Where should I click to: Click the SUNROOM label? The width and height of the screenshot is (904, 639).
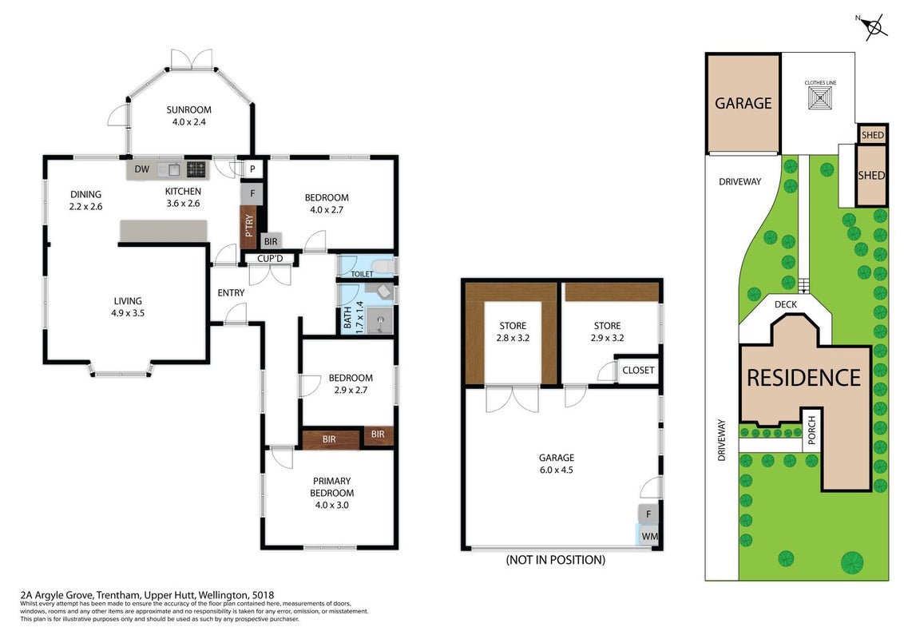pos(188,109)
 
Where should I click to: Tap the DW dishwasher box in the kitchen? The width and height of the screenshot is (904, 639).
pos(142,169)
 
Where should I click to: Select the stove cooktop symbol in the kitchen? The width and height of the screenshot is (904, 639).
pos(196,169)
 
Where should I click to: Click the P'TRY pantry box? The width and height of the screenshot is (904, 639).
pos(249,227)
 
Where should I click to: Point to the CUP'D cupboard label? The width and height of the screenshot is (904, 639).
pos(270,258)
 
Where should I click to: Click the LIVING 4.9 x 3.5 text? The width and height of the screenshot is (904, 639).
pos(128,307)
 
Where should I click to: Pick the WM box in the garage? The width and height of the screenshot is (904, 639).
pos(648,536)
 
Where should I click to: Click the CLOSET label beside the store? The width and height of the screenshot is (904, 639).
pos(638,370)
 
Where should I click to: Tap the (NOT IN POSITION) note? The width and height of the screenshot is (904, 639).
pos(555,559)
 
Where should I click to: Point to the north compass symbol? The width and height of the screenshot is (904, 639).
pos(875,26)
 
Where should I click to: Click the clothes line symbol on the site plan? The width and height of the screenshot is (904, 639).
pos(820,98)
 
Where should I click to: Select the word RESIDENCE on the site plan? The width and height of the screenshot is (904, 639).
pos(803,378)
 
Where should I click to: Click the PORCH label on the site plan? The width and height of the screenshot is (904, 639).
pos(811,431)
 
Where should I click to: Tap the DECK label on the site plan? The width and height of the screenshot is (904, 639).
pos(785,304)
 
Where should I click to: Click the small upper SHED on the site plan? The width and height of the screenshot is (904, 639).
pos(872,135)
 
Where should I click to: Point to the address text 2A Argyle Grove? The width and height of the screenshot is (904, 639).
pos(56,595)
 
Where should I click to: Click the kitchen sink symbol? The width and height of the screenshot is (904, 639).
pos(172,169)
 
